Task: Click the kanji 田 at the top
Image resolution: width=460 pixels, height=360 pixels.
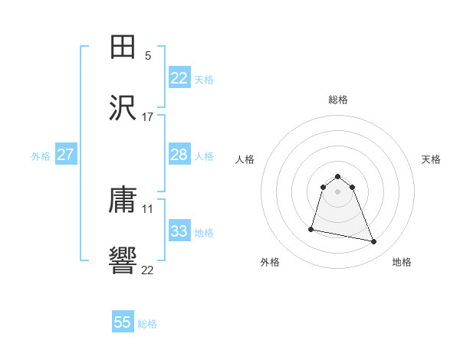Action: pyautogui.click(x=123, y=47)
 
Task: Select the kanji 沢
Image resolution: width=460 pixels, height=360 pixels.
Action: pyautogui.click(x=123, y=109)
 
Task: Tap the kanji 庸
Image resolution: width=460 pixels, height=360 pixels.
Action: pyautogui.click(x=123, y=201)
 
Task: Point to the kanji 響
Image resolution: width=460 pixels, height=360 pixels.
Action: pyautogui.click(x=123, y=262)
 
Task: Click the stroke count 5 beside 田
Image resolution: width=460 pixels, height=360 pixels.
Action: pyautogui.click(x=148, y=55)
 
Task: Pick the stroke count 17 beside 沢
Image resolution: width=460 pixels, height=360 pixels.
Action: pyautogui.click(x=148, y=116)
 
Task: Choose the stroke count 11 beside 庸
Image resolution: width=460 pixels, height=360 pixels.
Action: pyautogui.click(x=148, y=208)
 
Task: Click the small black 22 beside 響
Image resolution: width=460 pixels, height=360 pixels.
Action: pyautogui.click(x=148, y=270)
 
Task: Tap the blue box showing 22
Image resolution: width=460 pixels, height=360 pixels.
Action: pyautogui.click(x=179, y=78)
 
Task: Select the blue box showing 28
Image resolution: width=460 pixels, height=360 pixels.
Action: pyautogui.click(x=179, y=155)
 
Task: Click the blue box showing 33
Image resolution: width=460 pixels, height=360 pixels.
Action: pyautogui.click(x=179, y=231)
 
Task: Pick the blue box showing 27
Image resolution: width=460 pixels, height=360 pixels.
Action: pyautogui.click(x=65, y=155)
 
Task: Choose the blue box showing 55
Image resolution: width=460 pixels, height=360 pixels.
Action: pyautogui.click(x=123, y=322)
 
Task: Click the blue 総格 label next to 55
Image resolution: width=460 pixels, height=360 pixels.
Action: pyautogui.click(x=147, y=324)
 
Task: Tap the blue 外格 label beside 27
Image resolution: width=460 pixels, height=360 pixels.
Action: pyautogui.click(x=41, y=156)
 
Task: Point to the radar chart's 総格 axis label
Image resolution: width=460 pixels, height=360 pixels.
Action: pyautogui.click(x=338, y=100)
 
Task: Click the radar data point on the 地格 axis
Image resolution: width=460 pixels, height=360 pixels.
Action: pyautogui.click(x=374, y=242)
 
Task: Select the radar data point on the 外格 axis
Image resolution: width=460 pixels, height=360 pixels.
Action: pyautogui.click(x=311, y=229)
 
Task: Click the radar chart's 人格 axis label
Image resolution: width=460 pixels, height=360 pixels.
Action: pyautogui.click(x=245, y=159)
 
